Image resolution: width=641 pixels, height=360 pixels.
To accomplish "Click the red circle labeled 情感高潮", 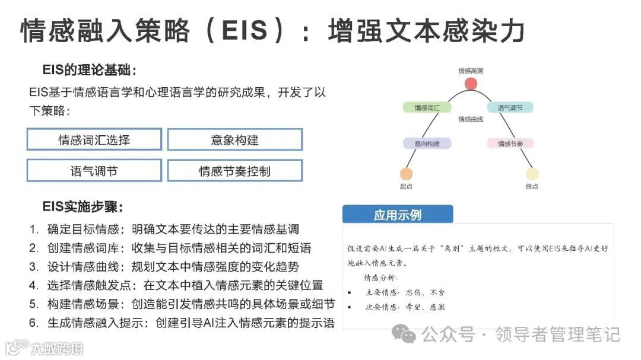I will coord(471,84).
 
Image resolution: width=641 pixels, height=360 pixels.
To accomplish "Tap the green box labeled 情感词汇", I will coord(427,107).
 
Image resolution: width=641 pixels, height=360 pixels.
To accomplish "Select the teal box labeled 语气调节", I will coord(510,107).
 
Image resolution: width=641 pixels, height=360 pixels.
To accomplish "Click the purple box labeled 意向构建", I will coord(427,144).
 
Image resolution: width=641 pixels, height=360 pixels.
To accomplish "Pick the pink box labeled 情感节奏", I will coord(510,144).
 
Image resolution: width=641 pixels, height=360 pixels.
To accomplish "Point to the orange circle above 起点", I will coord(406,174).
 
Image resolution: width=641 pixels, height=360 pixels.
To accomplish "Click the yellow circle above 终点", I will coord(532,174).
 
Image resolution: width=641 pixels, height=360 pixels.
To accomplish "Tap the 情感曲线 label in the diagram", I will coord(470,120).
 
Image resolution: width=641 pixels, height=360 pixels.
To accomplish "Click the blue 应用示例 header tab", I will coord(398,214).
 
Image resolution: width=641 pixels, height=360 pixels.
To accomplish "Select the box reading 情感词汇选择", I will coord(94,140).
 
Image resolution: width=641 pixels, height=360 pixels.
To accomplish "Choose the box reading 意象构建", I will coord(235,140).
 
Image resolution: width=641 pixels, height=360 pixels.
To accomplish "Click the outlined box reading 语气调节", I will coord(94,171).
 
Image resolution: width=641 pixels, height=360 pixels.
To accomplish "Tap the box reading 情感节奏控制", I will coord(235,171).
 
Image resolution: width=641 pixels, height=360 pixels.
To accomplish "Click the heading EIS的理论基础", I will coord(90,71).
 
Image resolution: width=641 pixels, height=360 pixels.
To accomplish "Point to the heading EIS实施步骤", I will coord(83,207).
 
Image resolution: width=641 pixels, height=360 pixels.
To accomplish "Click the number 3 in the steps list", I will coord(34,267).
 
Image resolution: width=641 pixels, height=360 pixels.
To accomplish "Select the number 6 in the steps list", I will coord(34,323).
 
